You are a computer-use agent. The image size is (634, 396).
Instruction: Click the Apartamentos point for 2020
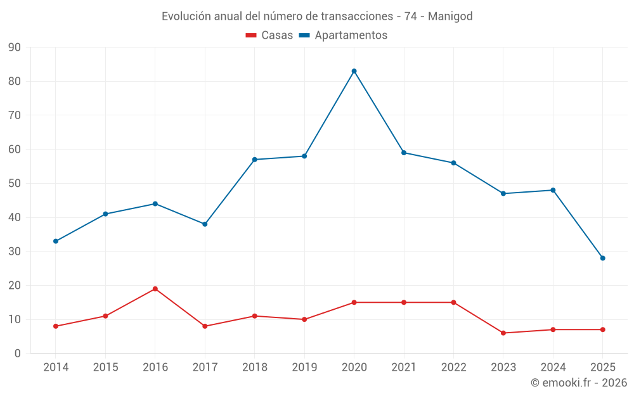pyautogui.click(x=354, y=71)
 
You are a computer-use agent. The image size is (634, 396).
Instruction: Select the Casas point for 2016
pyautogui.click(x=155, y=289)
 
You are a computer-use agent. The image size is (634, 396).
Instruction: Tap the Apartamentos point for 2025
pyautogui.click(x=602, y=258)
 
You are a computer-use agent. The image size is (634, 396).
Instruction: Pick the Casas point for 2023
pyautogui.click(x=503, y=333)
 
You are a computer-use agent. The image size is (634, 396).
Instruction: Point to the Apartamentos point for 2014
pyautogui.click(x=56, y=241)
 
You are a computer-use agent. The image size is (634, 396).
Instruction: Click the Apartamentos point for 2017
pyautogui.click(x=205, y=224)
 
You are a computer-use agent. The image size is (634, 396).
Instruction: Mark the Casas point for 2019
pyautogui.click(x=304, y=319)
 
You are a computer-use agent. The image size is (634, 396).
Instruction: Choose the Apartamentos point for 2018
pyautogui.click(x=255, y=160)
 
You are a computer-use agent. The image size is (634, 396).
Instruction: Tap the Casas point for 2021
pyautogui.click(x=404, y=302)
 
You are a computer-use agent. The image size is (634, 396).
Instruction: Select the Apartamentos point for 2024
pyautogui.click(x=553, y=190)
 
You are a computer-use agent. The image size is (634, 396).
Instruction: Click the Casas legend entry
pyautogui.click(x=269, y=35)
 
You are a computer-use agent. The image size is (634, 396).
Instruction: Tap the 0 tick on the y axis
pyautogui.click(x=17, y=354)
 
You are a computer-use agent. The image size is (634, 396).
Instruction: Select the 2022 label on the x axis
pyautogui.click(x=453, y=367)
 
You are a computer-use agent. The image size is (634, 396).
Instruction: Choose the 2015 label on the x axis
pyautogui.click(x=105, y=367)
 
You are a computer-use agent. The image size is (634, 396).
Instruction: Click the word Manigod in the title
pyautogui.click(x=450, y=16)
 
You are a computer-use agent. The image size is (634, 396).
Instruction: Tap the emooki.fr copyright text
pyautogui.click(x=579, y=383)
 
